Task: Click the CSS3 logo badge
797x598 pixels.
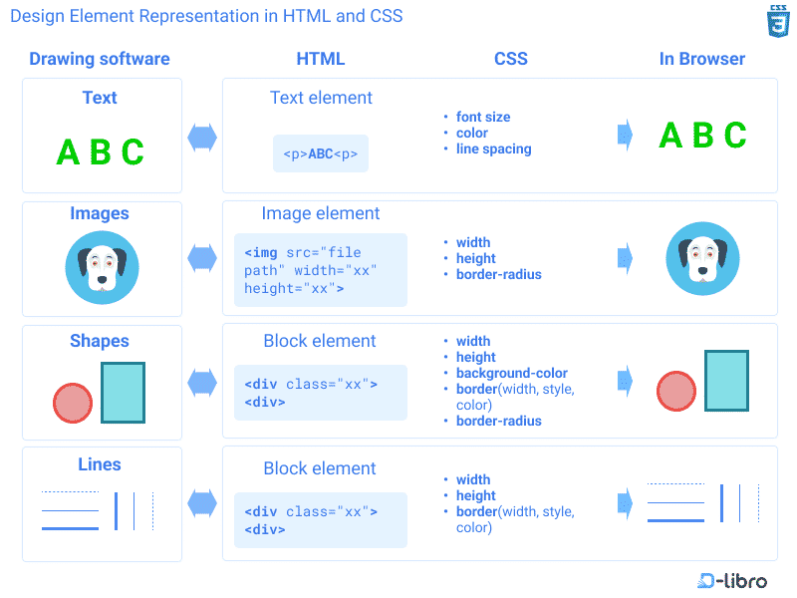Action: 777,21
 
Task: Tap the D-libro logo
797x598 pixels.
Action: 732,580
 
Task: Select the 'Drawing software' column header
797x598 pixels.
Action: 100,59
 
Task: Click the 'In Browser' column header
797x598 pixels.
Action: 701,59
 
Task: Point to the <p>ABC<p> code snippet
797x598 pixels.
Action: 320,154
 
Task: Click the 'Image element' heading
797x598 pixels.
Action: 320,213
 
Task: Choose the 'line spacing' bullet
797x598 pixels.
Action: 493,149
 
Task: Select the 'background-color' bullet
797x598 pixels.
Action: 511,373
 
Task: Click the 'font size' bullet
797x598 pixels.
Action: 482,117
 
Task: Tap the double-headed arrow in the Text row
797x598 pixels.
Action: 202,137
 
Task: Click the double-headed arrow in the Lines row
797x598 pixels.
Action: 202,503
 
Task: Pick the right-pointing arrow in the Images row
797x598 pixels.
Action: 625,259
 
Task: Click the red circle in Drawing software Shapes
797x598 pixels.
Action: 72,404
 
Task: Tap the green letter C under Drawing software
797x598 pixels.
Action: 133,152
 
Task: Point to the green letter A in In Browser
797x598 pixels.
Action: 671,136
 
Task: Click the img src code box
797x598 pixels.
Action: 320,270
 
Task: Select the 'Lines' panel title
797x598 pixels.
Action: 100,464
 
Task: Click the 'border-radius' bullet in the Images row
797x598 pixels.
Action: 498,274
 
